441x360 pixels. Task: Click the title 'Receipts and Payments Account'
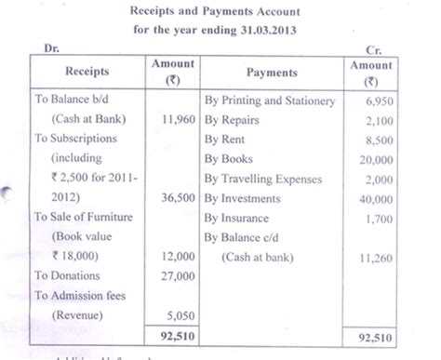coord(220,12)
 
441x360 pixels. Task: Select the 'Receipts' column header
coord(86,71)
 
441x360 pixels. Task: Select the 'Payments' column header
coord(271,72)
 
